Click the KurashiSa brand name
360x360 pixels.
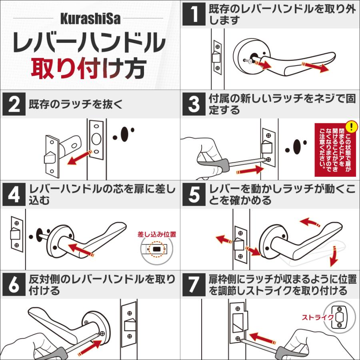(x=90, y=18)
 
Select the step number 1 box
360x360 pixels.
(x=194, y=14)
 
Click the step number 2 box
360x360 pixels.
(x=14, y=104)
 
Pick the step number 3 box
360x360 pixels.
(x=194, y=104)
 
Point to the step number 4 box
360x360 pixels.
(x=14, y=194)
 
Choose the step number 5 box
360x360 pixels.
(x=194, y=194)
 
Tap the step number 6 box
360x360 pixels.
(x=14, y=284)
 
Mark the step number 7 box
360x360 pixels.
(x=194, y=284)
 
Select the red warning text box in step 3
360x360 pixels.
(x=335, y=150)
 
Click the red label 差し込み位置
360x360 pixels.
(x=157, y=234)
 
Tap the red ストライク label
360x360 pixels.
(x=318, y=318)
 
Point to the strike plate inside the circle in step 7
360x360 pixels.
(x=340, y=317)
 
